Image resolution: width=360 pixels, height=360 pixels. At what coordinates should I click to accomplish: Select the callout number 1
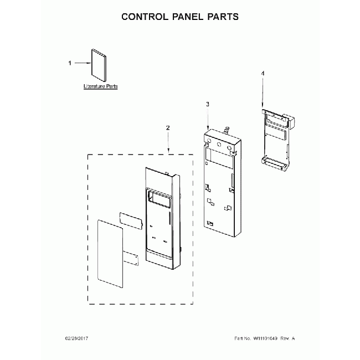[x=69, y=63]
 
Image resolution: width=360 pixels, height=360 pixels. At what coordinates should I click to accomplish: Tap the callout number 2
[x=168, y=128]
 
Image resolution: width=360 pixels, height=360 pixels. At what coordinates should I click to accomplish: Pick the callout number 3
[x=207, y=104]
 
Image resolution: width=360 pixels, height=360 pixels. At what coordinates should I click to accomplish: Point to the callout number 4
[x=263, y=73]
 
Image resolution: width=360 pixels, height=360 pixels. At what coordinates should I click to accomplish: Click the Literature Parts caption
[x=100, y=87]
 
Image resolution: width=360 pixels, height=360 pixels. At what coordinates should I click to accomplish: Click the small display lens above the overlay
[x=130, y=218]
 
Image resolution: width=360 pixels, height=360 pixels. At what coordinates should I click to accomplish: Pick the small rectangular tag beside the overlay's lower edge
[x=131, y=258]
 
